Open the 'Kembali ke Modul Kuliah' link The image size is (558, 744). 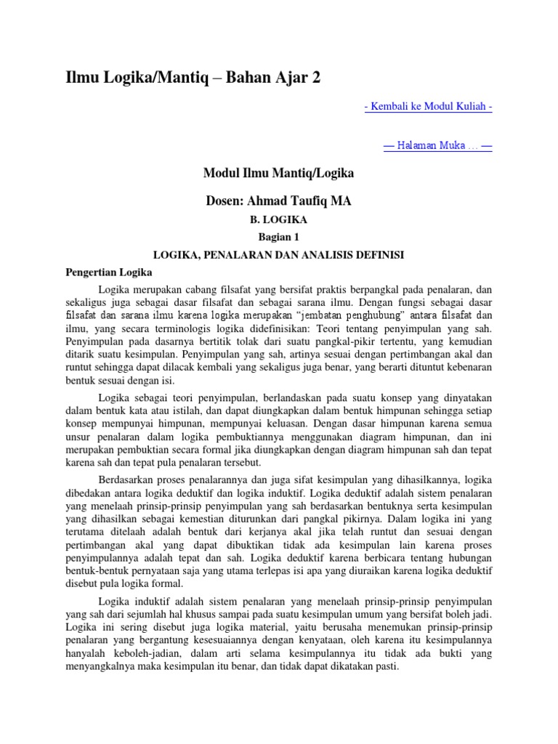click(x=428, y=107)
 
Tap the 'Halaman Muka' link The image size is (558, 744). click(x=437, y=146)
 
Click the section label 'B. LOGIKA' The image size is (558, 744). click(x=278, y=220)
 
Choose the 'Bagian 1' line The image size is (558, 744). click(x=278, y=238)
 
